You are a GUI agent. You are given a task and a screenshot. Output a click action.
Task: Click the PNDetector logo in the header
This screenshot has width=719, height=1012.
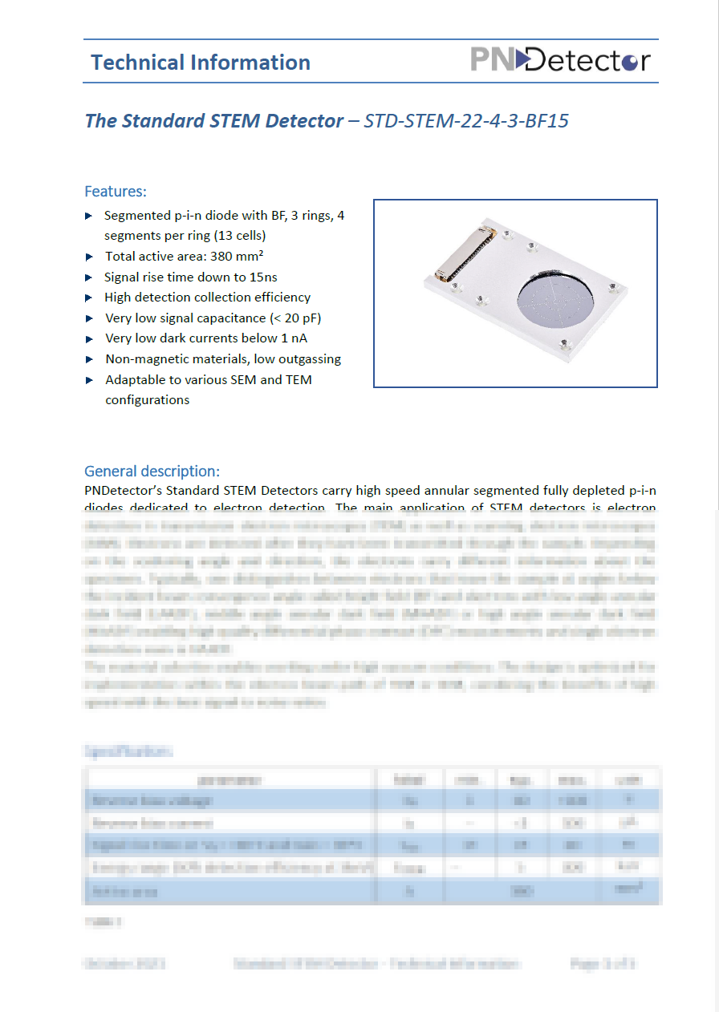click(559, 60)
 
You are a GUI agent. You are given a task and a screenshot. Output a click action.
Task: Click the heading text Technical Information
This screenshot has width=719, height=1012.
click(200, 63)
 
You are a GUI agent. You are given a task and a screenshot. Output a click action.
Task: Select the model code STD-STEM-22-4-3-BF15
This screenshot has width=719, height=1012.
click(466, 121)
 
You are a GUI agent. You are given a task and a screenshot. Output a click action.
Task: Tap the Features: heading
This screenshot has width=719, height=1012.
click(116, 192)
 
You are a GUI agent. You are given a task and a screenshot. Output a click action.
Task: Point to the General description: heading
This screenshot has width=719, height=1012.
click(152, 471)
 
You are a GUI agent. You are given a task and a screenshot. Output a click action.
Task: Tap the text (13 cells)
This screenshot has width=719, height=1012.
click(237, 236)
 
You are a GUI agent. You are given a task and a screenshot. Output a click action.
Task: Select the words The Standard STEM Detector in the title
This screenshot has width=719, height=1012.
click(213, 121)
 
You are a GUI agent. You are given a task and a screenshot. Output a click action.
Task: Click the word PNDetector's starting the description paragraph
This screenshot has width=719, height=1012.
click(124, 490)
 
